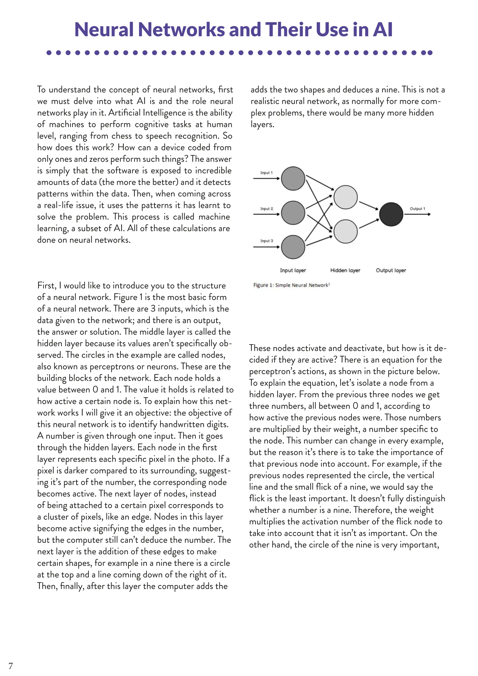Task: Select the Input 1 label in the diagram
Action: (266, 173)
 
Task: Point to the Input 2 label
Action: (267, 209)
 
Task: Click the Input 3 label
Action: (267, 241)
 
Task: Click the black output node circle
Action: (391, 214)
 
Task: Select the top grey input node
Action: (293, 178)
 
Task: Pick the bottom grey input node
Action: (293, 247)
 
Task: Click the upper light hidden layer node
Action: (345, 197)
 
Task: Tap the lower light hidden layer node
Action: (345, 231)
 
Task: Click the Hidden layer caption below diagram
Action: (345, 270)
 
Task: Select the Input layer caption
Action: (293, 270)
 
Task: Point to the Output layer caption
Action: (391, 270)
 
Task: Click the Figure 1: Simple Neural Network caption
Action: (291, 285)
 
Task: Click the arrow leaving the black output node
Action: (417, 214)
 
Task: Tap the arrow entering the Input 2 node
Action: (266, 214)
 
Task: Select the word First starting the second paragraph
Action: (47, 286)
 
